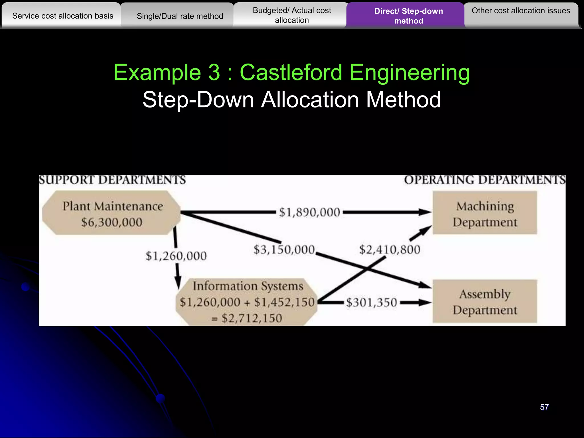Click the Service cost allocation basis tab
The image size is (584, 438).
pos(63,16)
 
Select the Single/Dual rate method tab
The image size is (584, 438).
pos(180,16)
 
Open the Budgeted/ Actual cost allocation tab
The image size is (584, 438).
pos(292,15)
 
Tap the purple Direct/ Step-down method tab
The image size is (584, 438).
pos(408,16)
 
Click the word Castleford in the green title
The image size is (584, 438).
pos(291,72)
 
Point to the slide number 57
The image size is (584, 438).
pos(544,407)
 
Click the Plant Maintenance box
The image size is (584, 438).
pos(112,213)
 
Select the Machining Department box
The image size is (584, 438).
pos(485,213)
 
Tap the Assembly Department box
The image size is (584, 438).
pos(485,301)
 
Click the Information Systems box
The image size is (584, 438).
pos(247,302)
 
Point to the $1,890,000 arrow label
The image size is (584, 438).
pos(309,212)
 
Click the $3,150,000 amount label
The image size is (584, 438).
pos(284,250)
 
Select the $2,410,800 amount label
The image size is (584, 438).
pos(390,250)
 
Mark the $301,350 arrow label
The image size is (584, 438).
pos(372,303)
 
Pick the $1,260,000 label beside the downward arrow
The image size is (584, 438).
pos(176,256)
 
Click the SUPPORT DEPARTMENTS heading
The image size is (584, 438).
pos(112,180)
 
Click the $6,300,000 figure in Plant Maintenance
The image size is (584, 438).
pos(112,222)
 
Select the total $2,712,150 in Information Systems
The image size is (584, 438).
pos(252,318)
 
